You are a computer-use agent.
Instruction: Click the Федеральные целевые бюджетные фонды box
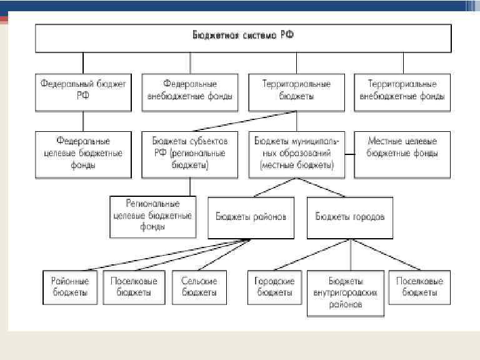83,154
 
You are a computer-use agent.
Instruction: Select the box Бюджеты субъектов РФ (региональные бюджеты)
190,154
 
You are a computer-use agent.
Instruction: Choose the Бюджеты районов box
251,217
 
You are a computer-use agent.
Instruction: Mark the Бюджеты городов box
350,217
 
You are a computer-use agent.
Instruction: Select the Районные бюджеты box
70,287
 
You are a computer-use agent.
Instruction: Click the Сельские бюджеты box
200,287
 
